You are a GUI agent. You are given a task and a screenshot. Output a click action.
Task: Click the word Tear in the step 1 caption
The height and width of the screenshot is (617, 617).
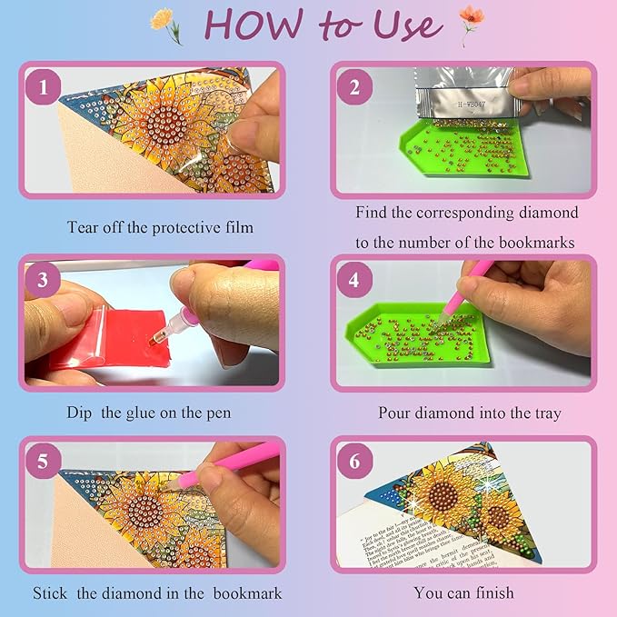pyautogui.click(x=84, y=227)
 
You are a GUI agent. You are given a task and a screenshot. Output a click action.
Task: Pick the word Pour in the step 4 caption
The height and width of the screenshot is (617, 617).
pyautogui.click(x=396, y=413)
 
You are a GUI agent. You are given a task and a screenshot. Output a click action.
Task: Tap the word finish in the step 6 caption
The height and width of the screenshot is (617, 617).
pyautogui.click(x=493, y=593)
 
